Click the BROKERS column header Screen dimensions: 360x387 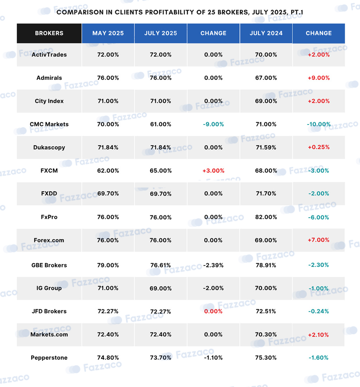49,33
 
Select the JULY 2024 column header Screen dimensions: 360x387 266,33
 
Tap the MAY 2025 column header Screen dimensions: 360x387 108,33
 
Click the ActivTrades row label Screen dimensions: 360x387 49,55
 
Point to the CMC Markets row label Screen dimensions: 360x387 49,124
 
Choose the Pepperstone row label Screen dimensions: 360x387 49,358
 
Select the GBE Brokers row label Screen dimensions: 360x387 49,265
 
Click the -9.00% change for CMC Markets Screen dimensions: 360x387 213,124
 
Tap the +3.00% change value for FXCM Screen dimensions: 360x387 213,171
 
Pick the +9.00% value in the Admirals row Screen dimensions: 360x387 319,78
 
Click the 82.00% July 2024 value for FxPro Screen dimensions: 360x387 266,217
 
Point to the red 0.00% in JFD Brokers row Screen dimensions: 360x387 213,311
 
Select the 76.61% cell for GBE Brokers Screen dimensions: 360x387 161,265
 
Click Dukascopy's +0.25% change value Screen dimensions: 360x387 319,147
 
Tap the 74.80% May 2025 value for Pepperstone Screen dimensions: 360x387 108,358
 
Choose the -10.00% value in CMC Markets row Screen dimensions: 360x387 319,124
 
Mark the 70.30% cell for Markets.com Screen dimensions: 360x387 266,335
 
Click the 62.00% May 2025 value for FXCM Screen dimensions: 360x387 108,171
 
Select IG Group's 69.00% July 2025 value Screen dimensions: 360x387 161,288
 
